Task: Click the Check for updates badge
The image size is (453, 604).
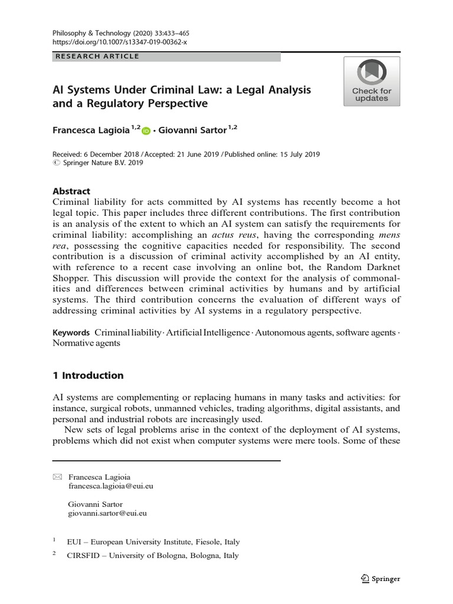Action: coord(372,81)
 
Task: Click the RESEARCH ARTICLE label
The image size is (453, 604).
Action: coord(97,57)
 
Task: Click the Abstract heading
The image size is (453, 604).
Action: coord(71,191)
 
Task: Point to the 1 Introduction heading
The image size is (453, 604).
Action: coord(88,376)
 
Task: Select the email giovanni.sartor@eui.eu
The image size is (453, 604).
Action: coord(107,513)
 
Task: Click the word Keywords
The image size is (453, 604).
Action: coord(71,333)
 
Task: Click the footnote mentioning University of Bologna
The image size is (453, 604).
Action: coord(153,556)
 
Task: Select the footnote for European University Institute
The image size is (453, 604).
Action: coord(154,541)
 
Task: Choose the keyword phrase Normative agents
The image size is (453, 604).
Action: coord(87,343)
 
